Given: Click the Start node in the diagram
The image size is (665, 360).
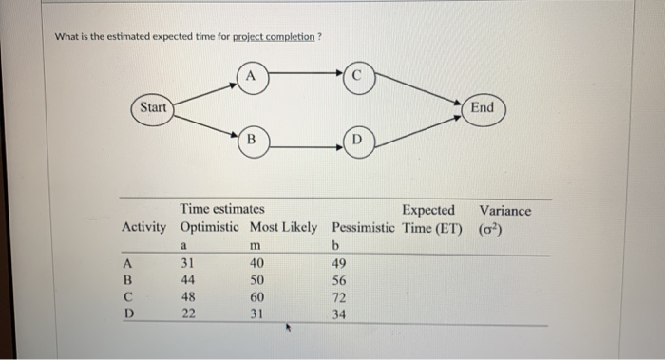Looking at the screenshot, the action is [153, 107].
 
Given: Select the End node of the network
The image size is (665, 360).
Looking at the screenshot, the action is [482, 107].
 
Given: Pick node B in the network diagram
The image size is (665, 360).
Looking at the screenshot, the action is [251, 142].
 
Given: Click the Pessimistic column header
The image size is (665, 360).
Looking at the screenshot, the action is [364, 228].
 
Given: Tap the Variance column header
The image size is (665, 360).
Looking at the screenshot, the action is [504, 211].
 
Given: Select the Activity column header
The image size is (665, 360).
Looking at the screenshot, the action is [142, 228].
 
